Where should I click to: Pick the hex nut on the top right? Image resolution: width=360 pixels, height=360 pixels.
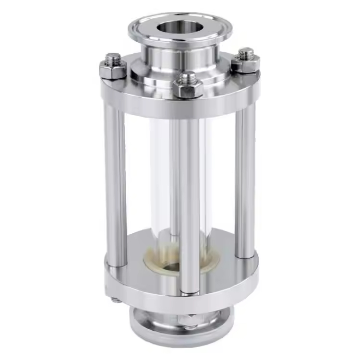[246, 64]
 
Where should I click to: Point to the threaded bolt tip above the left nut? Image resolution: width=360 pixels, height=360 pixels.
[113, 58]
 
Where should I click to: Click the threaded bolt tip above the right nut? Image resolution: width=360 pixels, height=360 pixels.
[246, 52]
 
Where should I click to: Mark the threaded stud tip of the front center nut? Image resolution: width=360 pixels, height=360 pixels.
[188, 76]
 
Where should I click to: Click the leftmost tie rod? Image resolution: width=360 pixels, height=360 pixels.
[116, 182]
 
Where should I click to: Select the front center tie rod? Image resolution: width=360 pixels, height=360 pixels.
[189, 202]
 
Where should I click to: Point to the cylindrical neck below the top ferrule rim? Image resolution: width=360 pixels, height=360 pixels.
[180, 57]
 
